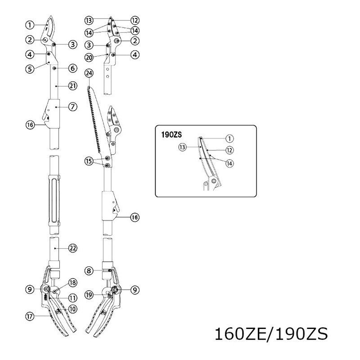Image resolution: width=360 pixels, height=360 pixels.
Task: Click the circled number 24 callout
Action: (x=89, y=73)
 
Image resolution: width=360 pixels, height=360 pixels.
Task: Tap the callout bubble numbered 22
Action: (x=72, y=247)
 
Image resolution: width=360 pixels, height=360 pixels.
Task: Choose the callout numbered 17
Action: (x=29, y=316)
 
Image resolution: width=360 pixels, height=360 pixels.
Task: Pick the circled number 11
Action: (x=72, y=298)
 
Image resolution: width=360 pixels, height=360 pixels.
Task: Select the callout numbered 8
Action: (x=89, y=270)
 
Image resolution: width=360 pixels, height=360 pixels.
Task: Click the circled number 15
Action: (x=89, y=160)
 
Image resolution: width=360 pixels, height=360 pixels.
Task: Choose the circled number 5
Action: (x=29, y=70)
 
